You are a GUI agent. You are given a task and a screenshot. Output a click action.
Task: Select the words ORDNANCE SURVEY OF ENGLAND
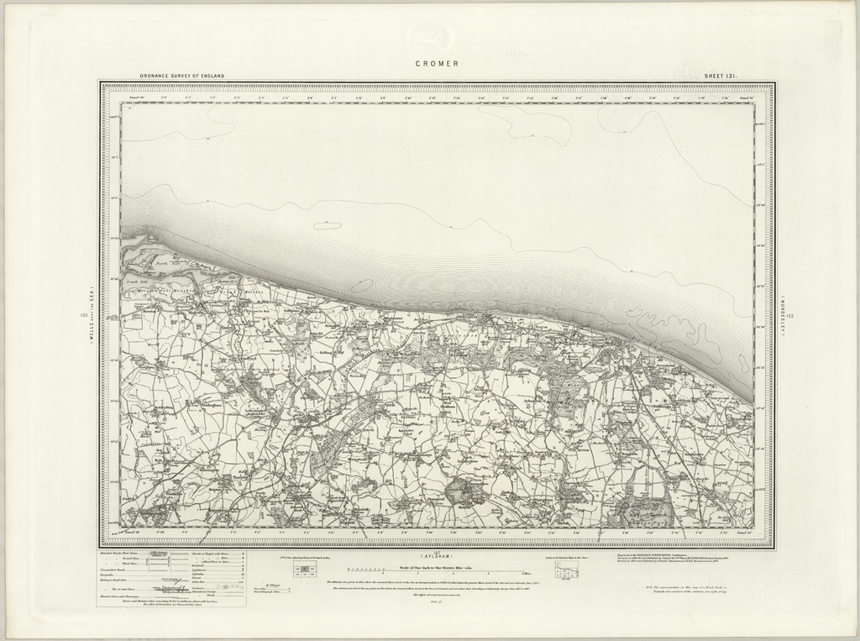point(182,76)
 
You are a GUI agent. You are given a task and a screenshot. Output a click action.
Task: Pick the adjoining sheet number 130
point(82,316)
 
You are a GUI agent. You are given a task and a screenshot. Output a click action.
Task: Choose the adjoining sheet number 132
point(789,316)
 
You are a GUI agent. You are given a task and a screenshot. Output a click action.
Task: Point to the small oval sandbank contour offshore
point(328,225)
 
